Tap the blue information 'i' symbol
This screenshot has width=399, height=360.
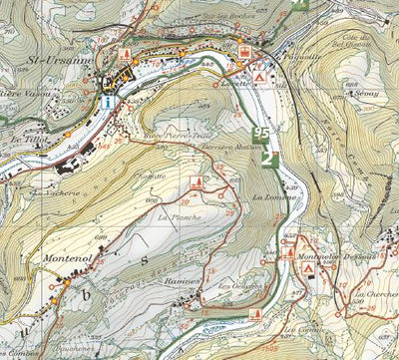click(x=106, y=103)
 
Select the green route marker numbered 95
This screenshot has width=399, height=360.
click(x=261, y=133)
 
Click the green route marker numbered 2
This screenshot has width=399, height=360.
click(x=266, y=158)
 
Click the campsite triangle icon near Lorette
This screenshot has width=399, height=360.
click(x=259, y=77)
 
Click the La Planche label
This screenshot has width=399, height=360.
click(x=179, y=216)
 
